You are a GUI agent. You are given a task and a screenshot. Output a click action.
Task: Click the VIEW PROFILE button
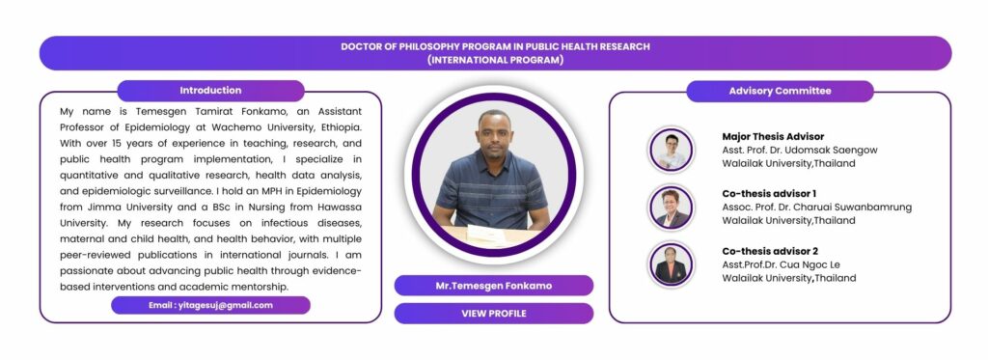tap(493, 314)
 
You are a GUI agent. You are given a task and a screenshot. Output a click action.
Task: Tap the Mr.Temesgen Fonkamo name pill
tap(493, 286)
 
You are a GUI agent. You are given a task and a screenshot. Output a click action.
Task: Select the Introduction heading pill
tap(210, 90)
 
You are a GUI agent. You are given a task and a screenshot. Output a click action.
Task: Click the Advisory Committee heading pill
tap(780, 91)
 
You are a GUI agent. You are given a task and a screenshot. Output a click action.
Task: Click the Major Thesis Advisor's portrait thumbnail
tap(671, 150)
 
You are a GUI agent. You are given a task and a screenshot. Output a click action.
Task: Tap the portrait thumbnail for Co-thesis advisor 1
tap(671, 208)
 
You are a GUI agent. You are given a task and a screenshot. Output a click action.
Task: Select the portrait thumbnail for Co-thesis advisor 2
tap(671, 264)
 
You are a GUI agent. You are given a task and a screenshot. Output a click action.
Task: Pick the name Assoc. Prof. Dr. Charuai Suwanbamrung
tap(816, 208)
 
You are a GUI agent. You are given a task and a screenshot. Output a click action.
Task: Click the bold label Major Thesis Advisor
tap(773, 136)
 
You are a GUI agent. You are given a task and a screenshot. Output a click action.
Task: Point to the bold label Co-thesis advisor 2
tap(770, 251)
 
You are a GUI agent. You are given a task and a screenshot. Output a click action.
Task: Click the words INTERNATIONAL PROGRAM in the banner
tap(495, 61)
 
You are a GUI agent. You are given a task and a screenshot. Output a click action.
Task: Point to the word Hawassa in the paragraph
tap(341, 207)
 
